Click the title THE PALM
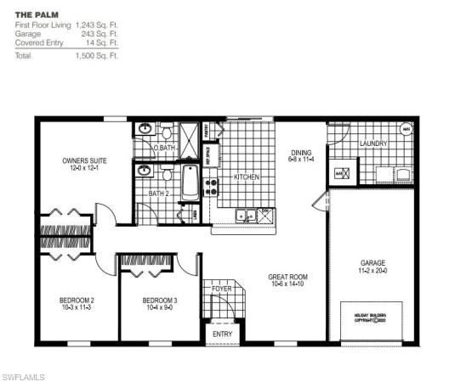pos(34,16)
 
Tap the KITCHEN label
pos(246,177)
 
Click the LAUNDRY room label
pos(372,144)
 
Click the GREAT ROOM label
pos(287,277)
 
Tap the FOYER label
pos(222,289)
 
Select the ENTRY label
pos(222,334)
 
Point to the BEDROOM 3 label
pos(160,301)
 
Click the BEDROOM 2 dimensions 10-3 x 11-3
pos(76,308)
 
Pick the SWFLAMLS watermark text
pos(23,374)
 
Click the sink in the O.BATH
pos(145,130)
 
